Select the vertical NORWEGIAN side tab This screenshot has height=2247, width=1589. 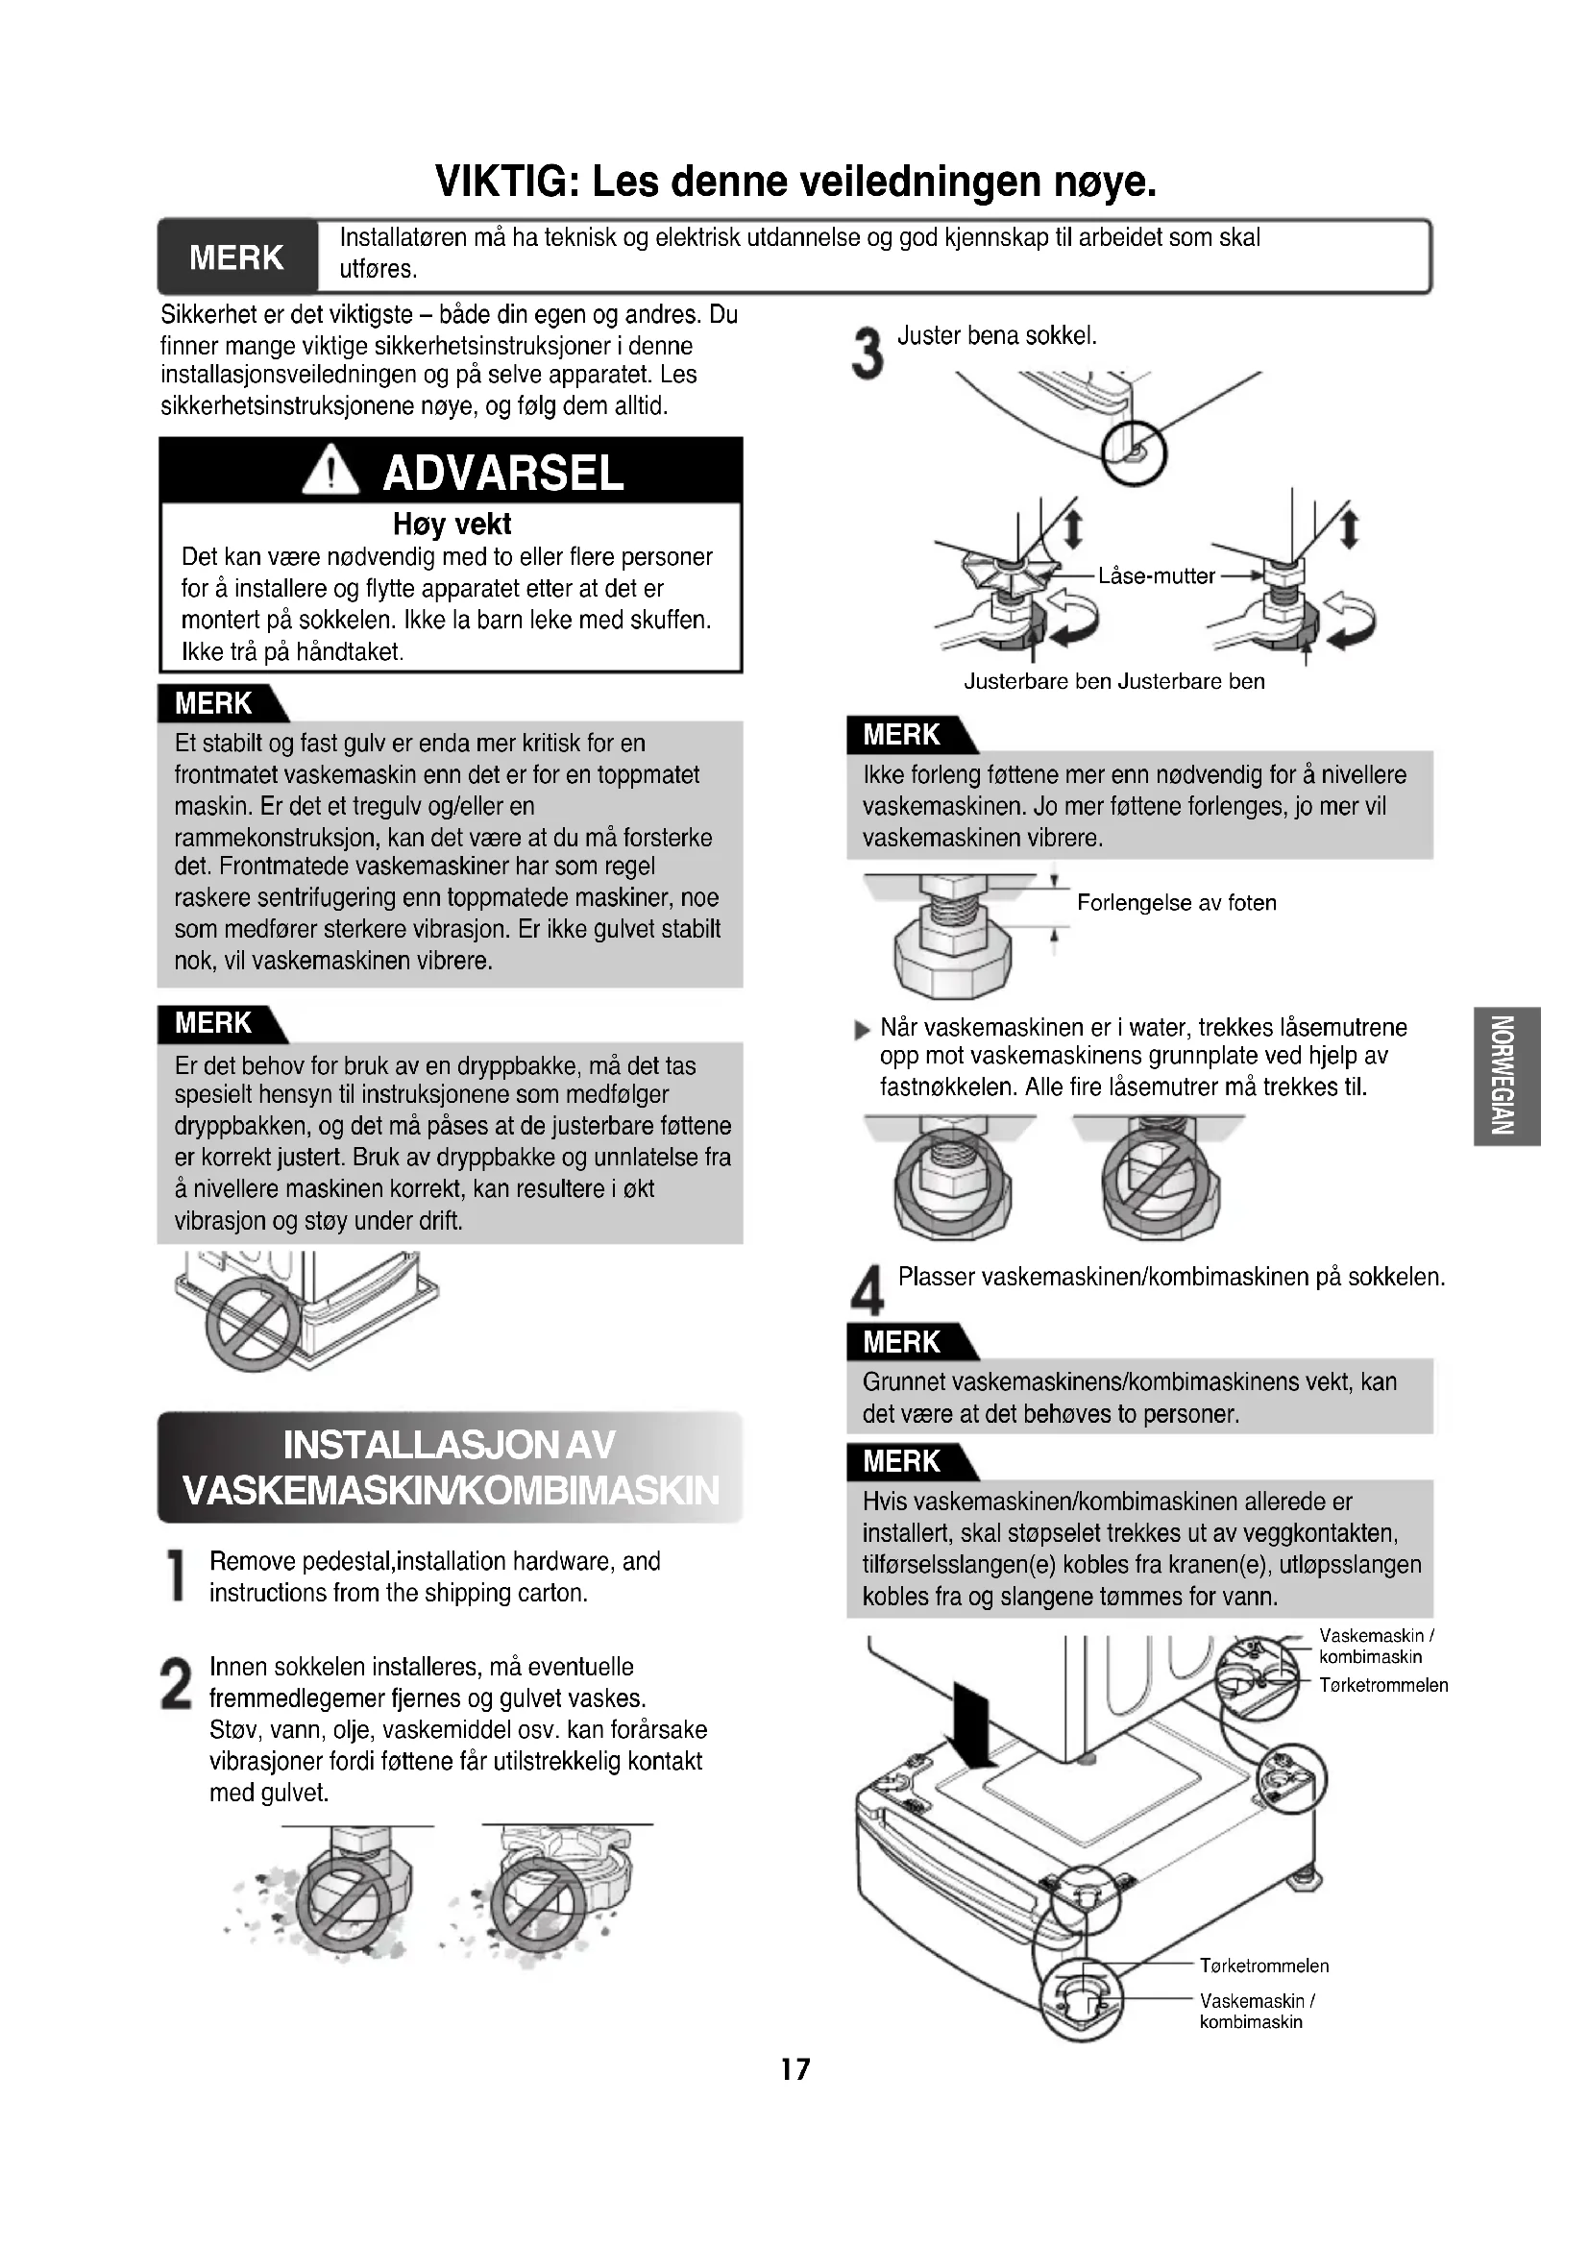(x=1506, y=1076)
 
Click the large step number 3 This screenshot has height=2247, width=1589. (x=867, y=354)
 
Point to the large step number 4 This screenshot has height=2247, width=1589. (x=867, y=1291)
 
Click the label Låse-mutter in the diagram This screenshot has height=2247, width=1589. (x=1156, y=575)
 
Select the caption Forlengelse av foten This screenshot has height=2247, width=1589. (x=1176, y=902)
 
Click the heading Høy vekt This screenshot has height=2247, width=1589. (x=452, y=525)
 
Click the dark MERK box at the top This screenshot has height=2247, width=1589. (x=237, y=256)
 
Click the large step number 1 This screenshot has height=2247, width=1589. (x=177, y=1576)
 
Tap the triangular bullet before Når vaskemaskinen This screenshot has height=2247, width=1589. (x=862, y=1029)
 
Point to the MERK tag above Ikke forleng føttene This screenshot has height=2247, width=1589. (x=912, y=734)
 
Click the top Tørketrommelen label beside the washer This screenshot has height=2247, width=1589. (x=1382, y=1685)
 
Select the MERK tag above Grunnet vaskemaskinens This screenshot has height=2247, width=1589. (x=912, y=1342)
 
